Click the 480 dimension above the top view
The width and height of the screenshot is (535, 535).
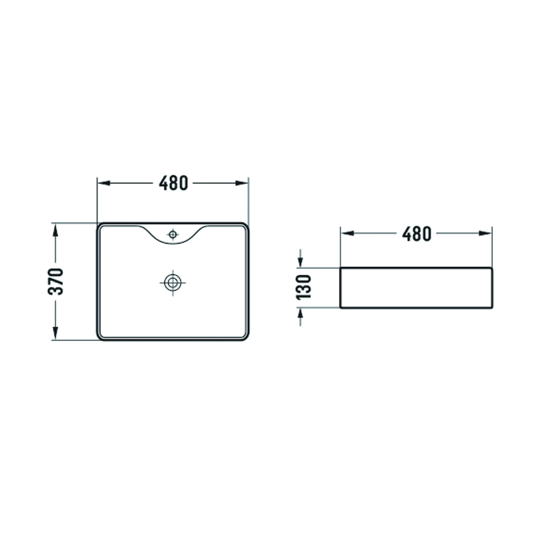173,183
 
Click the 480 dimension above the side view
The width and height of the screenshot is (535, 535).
417,233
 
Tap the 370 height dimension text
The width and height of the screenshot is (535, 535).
56,282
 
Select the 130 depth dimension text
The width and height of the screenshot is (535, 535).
304,287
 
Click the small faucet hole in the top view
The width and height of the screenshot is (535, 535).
173,235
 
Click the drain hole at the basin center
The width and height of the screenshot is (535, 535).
173,282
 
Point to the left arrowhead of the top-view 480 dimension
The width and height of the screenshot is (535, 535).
104,183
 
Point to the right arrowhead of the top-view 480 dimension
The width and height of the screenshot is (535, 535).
242,183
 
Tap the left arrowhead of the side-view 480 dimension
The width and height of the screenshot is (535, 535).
347,233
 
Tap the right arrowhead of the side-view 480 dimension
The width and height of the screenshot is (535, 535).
486,233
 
